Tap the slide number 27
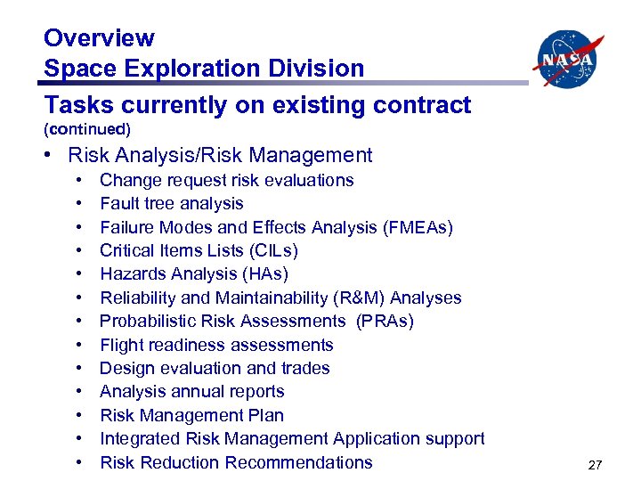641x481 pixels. coord(596,465)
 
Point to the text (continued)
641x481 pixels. coord(87,129)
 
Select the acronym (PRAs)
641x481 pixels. coord(385,322)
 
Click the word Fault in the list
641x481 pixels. coord(118,204)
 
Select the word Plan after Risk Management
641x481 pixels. coord(266,415)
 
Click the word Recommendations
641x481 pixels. coord(299,462)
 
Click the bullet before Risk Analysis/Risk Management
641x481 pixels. coord(53,156)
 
